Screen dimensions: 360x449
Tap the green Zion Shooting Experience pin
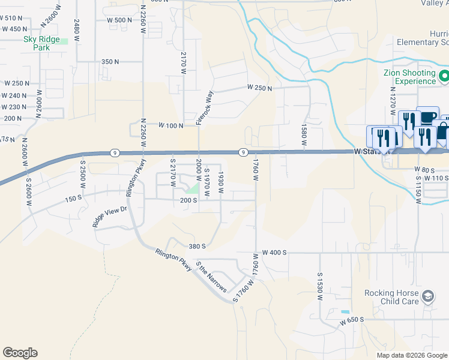pyautogui.click(x=444, y=77)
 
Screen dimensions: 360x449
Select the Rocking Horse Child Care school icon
pyautogui.click(x=427, y=296)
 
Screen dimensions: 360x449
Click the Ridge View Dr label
pyautogui.click(x=109, y=217)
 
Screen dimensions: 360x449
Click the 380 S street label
pyautogui.click(x=197, y=246)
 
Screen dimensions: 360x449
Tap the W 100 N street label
pyautogui.click(x=170, y=125)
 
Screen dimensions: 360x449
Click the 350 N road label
pyautogui.click(x=110, y=62)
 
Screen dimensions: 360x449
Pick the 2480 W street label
pyautogui.click(x=77, y=31)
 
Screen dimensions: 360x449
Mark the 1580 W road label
pyautogui.click(x=304, y=139)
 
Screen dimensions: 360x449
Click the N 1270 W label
pyautogui.click(x=393, y=100)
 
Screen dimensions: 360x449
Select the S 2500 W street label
pyautogui.click(x=83, y=175)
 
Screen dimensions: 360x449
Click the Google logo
pyautogui.click(x=20, y=353)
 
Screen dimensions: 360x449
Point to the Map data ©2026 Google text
pyautogui.click(x=412, y=355)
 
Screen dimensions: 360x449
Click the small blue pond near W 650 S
pyautogui.click(x=345, y=312)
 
